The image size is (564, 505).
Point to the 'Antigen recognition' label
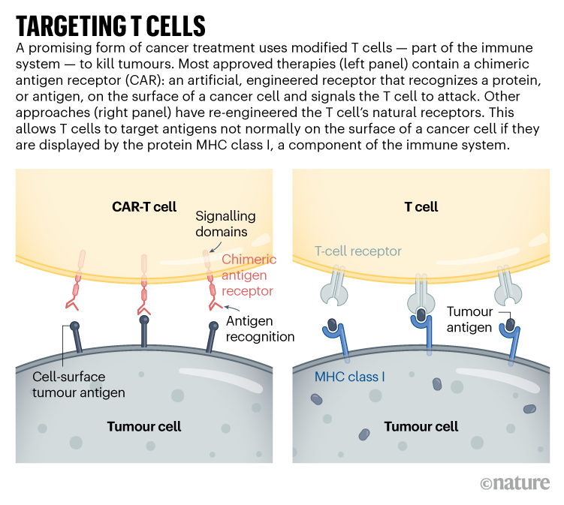pos(259,329)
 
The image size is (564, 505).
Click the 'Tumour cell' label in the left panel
pos(143,427)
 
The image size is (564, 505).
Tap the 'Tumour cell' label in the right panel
pos(421,427)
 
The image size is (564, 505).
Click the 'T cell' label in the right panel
pos(421,206)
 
